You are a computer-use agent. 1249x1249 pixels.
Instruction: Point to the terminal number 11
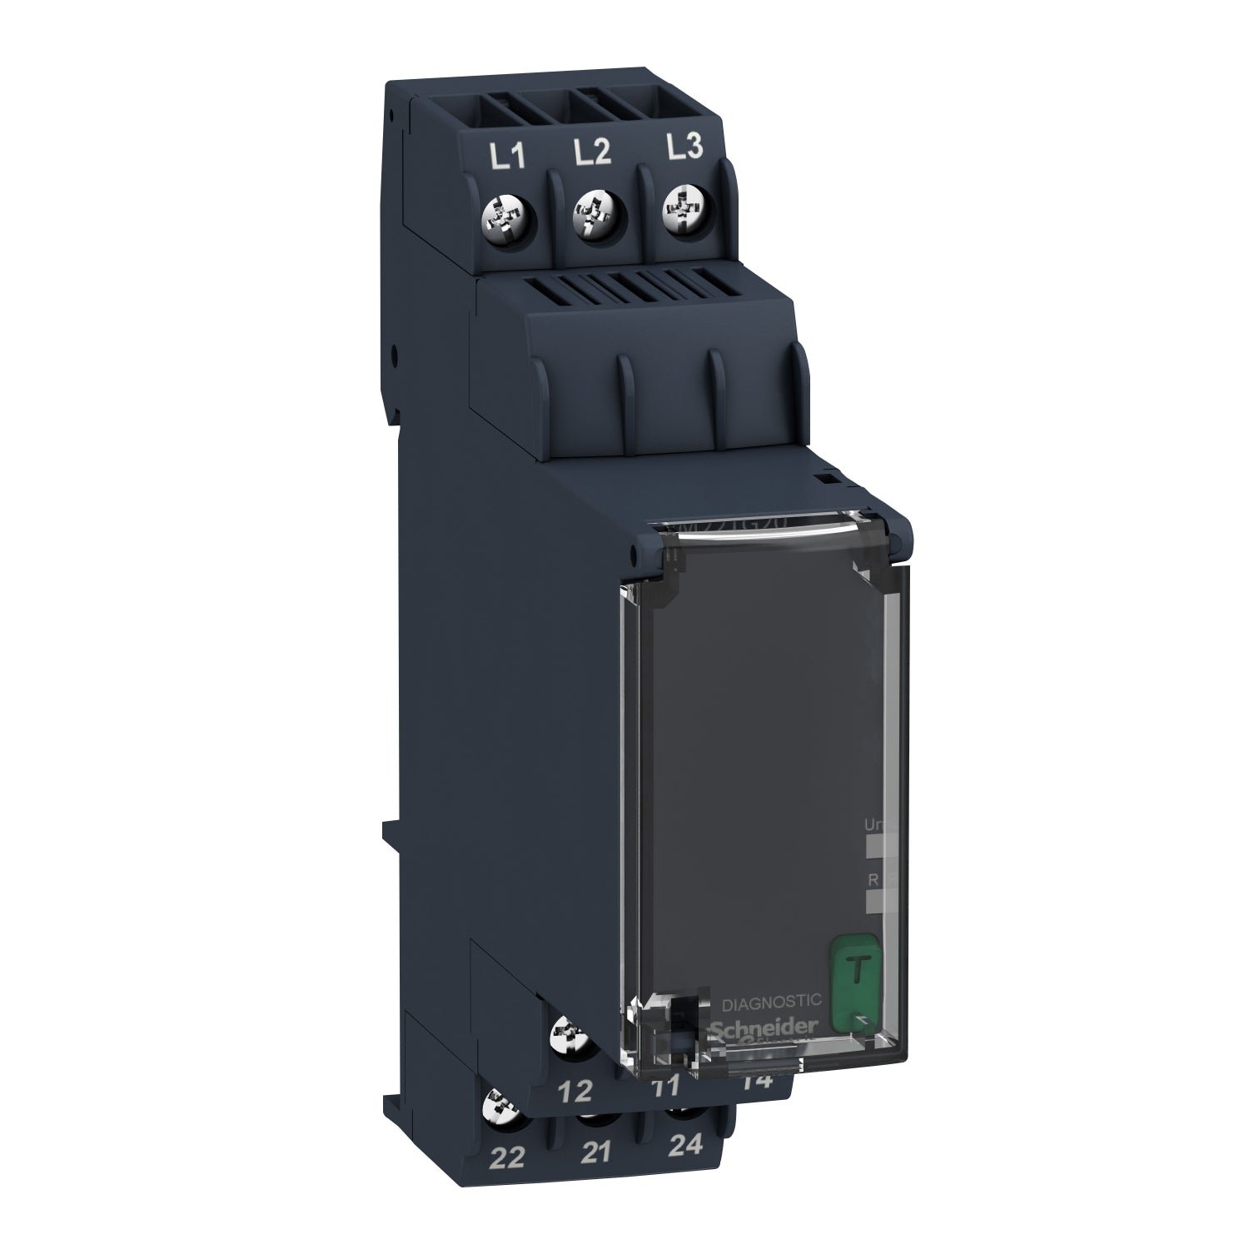666,1085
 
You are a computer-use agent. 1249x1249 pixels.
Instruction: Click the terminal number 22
508,1157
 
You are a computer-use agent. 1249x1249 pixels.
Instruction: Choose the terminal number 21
596,1152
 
